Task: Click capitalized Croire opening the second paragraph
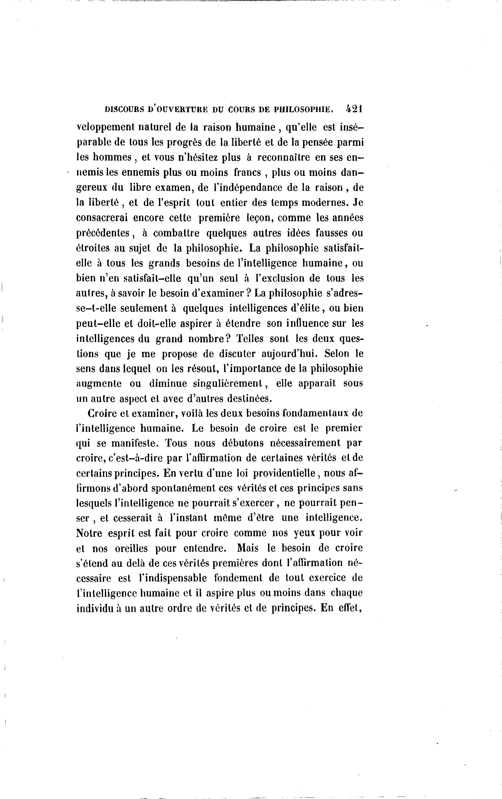point(101,413)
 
